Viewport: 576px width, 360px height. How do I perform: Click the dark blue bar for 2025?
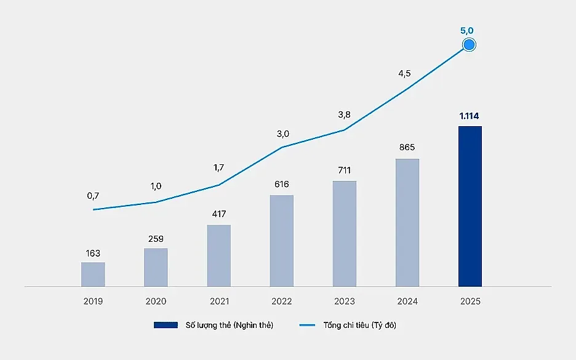pos(470,206)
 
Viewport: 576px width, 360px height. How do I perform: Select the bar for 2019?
pos(93,274)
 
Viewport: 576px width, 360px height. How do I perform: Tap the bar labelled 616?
pos(281,241)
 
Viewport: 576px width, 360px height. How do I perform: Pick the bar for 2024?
pos(407,222)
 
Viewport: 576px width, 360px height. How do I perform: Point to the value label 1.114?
pos(469,116)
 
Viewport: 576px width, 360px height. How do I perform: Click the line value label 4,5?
pos(404,73)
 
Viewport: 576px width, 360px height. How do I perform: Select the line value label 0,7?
pos(93,196)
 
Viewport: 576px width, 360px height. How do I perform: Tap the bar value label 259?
pos(156,239)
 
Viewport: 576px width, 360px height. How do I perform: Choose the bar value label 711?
pos(344,170)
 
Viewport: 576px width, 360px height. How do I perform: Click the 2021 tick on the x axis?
pos(219,301)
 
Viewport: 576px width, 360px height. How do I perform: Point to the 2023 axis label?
pos(345,301)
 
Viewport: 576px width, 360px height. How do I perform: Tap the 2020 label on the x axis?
pos(156,301)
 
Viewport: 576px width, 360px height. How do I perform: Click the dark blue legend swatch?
pos(166,325)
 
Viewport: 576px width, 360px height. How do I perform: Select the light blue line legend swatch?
pos(307,325)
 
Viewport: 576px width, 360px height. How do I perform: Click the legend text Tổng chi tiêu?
pos(346,325)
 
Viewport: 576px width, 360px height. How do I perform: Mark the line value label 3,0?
pos(283,134)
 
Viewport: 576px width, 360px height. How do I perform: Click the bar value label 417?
pos(219,214)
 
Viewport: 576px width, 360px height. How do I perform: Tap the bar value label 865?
pos(407,147)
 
